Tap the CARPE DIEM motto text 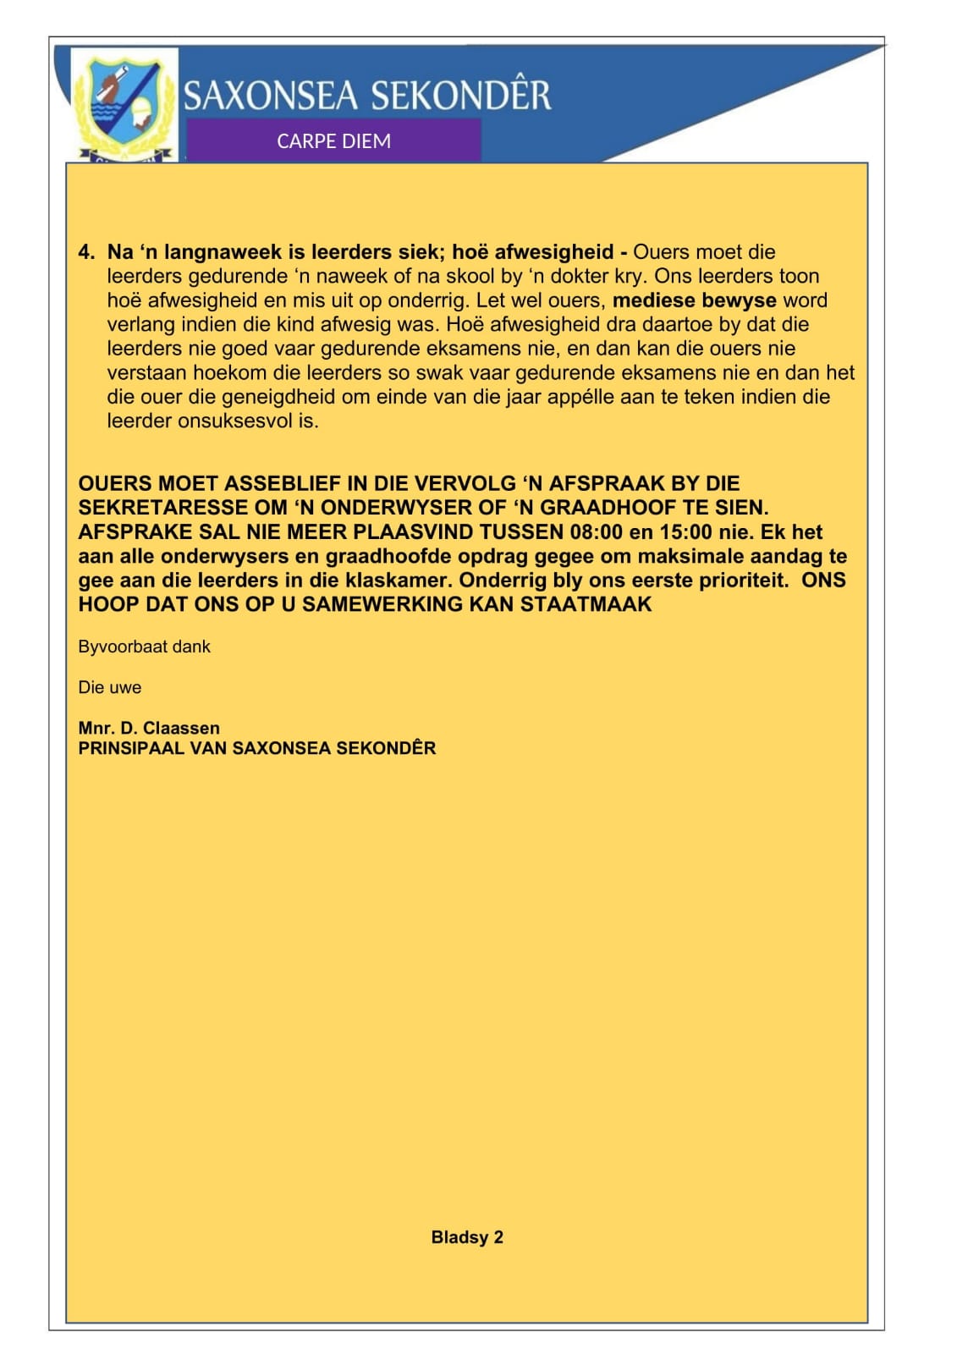pyautogui.click(x=333, y=141)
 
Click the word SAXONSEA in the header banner pyautogui.click(x=272, y=96)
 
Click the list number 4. pyautogui.click(x=86, y=252)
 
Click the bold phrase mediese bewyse pyautogui.click(x=694, y=300)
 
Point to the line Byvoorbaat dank pyautogui.click(x=144, y=647)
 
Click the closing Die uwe pyautogui.click(x=109, y=687)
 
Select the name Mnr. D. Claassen pyautogui.click(x=149, y=728)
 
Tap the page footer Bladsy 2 pyautogui.click(x=467, y=1237)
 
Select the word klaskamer pyautogui.click(x=397, y=581)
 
